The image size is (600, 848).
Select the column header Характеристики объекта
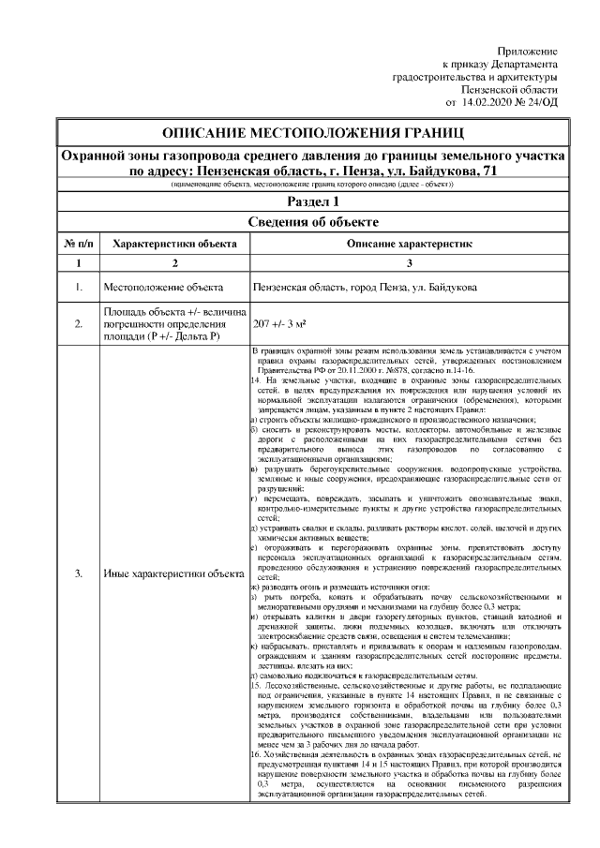pyautogui.click(x=174, y=243)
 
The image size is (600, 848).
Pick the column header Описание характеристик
pyautogui.click(x=409, y=243)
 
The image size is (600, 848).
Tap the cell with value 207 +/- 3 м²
pyautogui.click(x=281, y=323)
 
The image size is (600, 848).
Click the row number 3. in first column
pyautogui.click(x=79, y=573)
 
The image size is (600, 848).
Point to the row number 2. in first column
pyautogui.click(x=79, y=323)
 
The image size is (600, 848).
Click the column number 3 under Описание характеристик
pyautogui.click(x=410, y=262)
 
